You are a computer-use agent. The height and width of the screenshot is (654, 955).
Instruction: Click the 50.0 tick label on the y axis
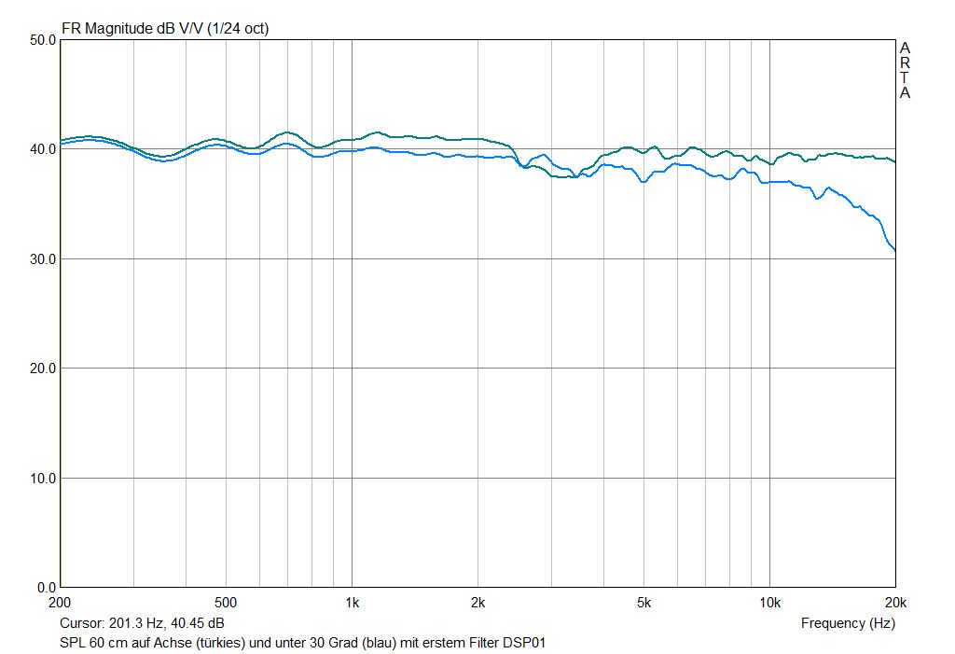(43, 40)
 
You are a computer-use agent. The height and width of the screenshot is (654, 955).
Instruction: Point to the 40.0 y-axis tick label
(43, 149)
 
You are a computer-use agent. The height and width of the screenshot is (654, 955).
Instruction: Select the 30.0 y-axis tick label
(43, 259)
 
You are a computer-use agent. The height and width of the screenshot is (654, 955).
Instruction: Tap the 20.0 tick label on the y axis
(43, 369)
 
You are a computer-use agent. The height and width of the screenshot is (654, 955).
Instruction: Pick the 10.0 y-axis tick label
(43, 479)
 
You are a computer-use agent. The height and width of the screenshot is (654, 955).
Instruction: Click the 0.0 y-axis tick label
(47, 588)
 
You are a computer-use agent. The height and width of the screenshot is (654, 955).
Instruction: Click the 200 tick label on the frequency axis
(62, 602)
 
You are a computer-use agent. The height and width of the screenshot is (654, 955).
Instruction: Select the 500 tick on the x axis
(226, 602)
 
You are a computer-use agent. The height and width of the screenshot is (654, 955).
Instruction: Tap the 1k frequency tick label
(352, 602)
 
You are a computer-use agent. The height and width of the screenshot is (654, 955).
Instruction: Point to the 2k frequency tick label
(477, 602)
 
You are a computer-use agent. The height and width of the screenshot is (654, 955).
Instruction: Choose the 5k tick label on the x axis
(644, 602)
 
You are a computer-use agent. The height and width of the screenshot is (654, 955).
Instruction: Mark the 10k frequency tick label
(769, 602)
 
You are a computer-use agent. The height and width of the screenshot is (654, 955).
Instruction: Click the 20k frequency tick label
(894, 602)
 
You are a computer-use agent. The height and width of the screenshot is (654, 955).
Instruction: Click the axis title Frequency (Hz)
(848, 623)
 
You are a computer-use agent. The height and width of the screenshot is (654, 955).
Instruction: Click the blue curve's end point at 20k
(894, 250)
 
